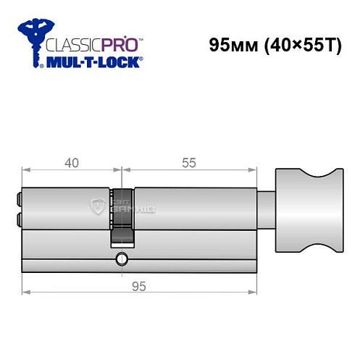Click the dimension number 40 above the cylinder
coord(71,163)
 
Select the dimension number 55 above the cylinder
coord(189,163)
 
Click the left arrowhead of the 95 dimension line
coord(26,292)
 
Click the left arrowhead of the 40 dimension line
coord(26,172)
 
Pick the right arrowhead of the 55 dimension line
coord(255,172)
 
